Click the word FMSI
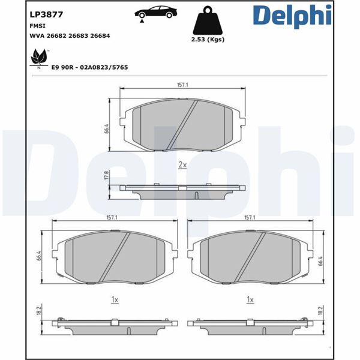point(38,26)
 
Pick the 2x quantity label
point(182,164)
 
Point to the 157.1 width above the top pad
point(182,85)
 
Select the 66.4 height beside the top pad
point(106,128)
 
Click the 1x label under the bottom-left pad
point(113,298)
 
